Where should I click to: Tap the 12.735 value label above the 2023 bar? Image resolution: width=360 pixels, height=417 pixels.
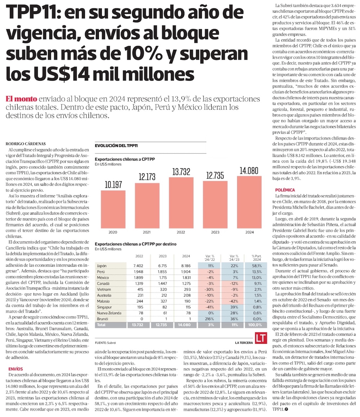pos(215,176)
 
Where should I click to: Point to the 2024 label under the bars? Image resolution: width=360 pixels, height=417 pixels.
pos(249,232)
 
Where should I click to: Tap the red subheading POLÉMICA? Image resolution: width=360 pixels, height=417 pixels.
pos(286,190)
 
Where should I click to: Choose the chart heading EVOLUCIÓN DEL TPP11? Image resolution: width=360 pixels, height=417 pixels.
pos(116,145)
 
